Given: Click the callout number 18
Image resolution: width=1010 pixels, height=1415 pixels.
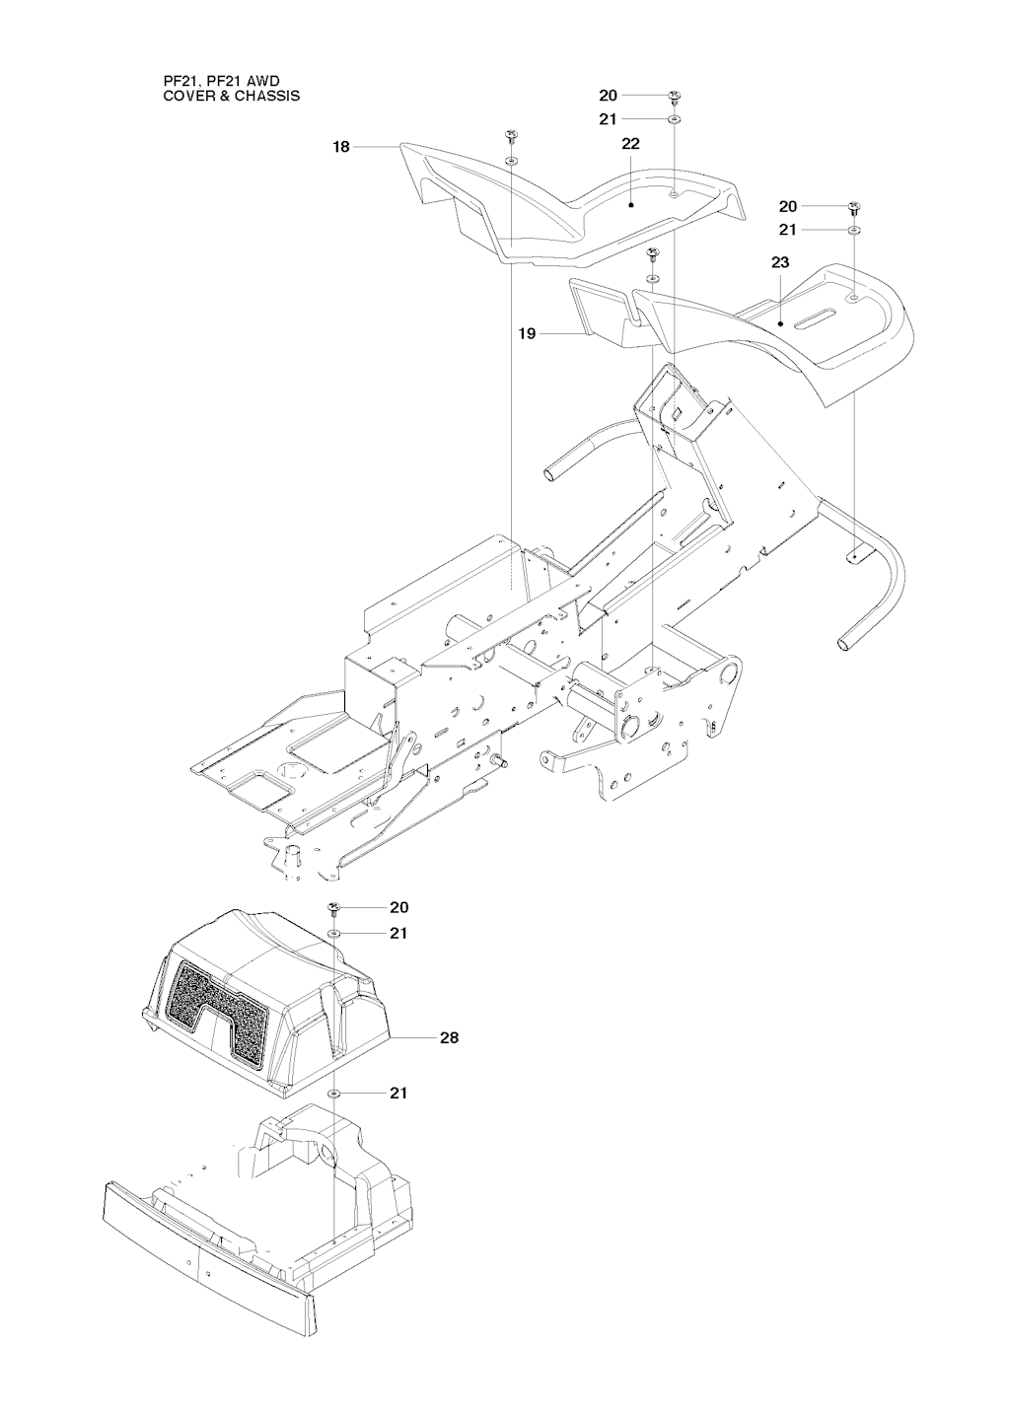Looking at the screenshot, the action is (x=341, y=148).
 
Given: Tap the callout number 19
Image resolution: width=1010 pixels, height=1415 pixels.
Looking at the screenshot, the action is (x=527, y=333).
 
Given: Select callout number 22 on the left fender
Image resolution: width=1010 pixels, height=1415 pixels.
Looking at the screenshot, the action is (x=631, y=144).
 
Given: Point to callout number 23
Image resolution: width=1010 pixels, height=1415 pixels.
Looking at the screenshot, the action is (x=780, y=262).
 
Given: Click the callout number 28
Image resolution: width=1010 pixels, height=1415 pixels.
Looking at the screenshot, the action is (x=450, y=1037).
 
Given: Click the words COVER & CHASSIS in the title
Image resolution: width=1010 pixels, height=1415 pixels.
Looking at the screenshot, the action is (x=232, y=97).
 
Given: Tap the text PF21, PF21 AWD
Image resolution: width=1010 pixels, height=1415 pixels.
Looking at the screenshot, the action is (x=222, y=82).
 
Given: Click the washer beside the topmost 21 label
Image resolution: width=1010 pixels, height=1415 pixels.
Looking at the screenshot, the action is (x=675, y=119).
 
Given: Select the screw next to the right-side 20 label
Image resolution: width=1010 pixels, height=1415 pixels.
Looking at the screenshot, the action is (x=854, y=208).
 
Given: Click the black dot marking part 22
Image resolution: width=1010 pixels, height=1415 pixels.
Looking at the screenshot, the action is (x=631, y=205).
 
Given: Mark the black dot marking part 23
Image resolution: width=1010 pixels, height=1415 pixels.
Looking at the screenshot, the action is (x=780, y=324).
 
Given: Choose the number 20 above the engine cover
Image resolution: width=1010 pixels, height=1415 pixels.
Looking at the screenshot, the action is (x=398, y=908).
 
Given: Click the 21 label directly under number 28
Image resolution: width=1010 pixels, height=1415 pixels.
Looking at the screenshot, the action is (x=397, y=1093).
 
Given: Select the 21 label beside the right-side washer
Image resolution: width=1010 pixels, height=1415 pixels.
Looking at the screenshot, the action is (x=787, y=231).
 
